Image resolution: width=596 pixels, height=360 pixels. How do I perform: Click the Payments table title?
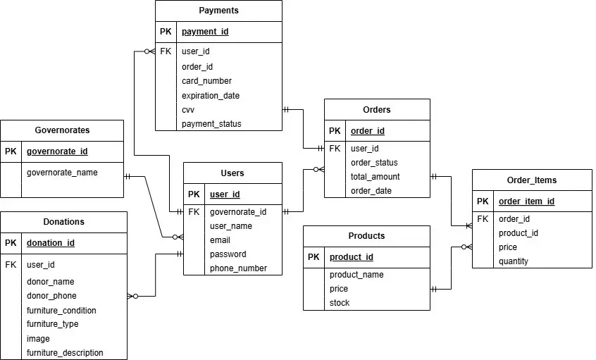click(218, 11)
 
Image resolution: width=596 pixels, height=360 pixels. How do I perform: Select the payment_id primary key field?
click(204, 32)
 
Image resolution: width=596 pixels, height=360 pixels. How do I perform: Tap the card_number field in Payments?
click(206, 81)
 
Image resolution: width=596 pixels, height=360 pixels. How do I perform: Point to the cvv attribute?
click(188, 110)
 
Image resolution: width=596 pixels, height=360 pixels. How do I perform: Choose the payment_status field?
click(211, 124)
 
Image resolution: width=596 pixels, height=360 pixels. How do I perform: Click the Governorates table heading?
click(62, 130)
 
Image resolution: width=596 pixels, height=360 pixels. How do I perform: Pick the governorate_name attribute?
click(62, 172)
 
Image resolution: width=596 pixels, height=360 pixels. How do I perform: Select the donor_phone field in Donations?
click(51, 296)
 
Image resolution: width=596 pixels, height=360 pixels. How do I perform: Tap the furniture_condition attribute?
click(61, 311)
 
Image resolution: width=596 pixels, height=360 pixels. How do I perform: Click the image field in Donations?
click(38, 339)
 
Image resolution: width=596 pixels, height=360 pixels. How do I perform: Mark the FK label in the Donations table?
click(11, 265)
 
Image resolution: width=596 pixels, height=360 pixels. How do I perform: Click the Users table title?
click(232, 173)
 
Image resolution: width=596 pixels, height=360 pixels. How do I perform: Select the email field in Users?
click(220, 240)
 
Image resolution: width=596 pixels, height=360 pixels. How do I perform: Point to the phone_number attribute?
click(238, 268)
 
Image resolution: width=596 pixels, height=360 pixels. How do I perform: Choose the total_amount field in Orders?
click(375, 177)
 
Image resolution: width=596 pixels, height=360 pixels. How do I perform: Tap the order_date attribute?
click(371, 191)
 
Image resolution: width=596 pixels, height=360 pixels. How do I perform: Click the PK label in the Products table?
click(313, 257)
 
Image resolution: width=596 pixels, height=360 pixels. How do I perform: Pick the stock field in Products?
click(339, 303)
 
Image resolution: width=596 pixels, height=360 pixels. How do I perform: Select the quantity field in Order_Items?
click(513, 261)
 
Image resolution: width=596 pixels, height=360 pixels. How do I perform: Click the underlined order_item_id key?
click(526, 201)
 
